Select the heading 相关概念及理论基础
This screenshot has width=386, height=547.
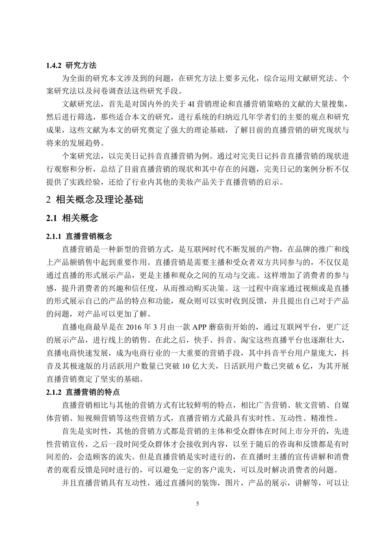[99, 199]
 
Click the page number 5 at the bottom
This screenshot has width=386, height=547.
[197, 503]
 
